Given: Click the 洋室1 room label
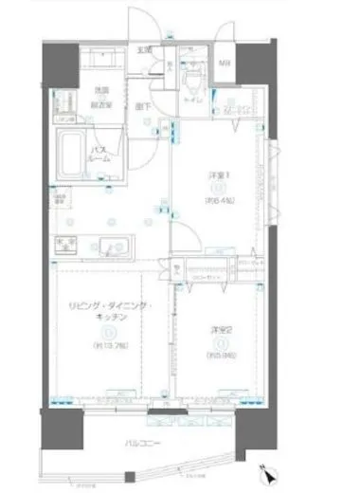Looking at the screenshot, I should coord(215,175).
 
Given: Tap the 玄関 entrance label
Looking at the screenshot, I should coord(145,51).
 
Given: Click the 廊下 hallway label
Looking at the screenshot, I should coord(142,106).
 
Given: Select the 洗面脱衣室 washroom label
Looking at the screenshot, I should coord(100,94).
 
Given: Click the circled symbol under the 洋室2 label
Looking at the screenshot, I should coord(220,343).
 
